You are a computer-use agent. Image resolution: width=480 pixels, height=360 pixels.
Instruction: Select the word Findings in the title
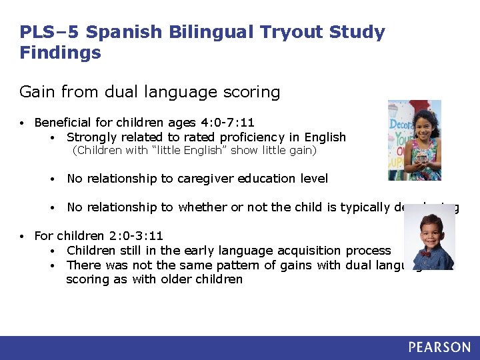[60, 53]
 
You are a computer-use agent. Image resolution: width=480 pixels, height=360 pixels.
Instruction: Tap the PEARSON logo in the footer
[439, 347]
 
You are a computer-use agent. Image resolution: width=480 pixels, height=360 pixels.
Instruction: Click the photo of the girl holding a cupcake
[414, 140]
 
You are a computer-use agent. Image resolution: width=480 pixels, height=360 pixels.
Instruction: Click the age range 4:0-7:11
[227, 123]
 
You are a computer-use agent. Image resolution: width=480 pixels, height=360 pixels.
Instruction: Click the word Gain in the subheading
[36, 91]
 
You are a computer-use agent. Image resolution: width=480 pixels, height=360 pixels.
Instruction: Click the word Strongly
[91, 137]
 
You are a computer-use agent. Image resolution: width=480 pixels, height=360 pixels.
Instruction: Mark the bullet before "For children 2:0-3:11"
[23, 237]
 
